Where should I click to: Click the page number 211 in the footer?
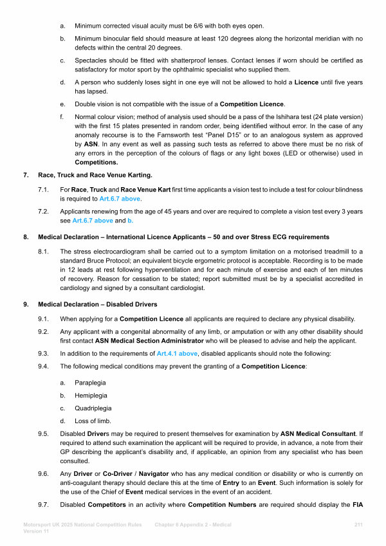pyautogui.click(x=359, y=525)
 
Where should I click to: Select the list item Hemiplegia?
pyautogui.click(x=91, y=395)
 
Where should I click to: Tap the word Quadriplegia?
pyautogui.click(x=93, y=408)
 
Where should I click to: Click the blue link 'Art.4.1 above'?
pyautogui.click(x=178, y=354)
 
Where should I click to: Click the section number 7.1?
pyautogui.click(x=43, y=190)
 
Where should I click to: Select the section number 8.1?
pyautogui.click(x=43, y=251)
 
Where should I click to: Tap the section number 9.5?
pyautogui.click(x=43, y=434)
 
